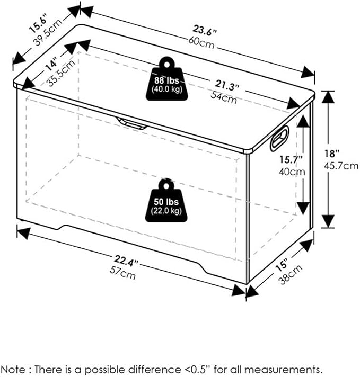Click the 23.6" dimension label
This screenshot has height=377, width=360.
[205, 31]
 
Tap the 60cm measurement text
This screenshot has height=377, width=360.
[201, 43]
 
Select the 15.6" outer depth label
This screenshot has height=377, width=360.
[38, 23]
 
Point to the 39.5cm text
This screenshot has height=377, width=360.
[47, 32]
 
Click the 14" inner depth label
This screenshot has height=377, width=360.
[51, 64]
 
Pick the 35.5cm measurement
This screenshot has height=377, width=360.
[61, 73]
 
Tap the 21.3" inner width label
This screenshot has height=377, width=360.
[227, 85]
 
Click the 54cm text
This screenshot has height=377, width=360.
[224, 97]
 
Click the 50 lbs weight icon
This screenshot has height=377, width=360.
[166, 200]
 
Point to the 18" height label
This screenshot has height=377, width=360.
[331, 154]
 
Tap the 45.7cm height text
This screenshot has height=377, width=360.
[341, 166]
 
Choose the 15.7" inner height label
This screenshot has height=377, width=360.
[291, 159]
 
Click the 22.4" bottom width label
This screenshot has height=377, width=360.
[126, 261]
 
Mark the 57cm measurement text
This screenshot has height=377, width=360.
[122, 273]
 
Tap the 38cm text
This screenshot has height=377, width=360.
[291, 274]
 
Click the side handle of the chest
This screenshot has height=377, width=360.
[279, 139]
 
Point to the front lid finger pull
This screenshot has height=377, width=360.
[131, 123]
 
